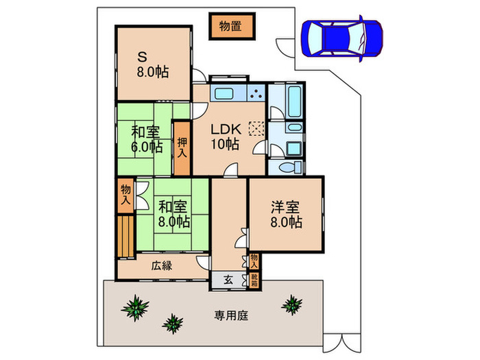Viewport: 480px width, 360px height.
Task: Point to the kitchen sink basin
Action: pos(225,94)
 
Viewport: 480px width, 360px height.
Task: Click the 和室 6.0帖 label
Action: pos(147,139)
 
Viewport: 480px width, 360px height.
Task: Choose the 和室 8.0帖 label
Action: pos(173,213)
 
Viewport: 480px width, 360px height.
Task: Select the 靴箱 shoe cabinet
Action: pos(254,280)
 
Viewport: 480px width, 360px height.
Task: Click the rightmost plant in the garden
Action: pos(293,303)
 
